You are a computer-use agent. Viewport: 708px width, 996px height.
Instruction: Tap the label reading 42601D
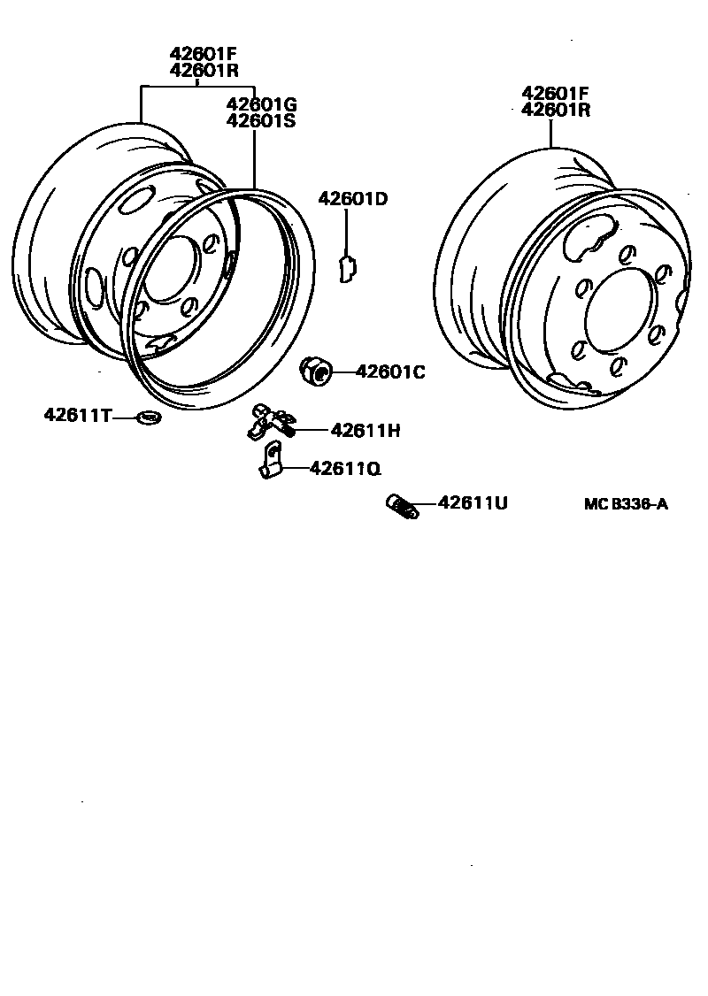coord(353,199)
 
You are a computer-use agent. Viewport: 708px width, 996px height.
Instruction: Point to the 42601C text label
coord(390,372)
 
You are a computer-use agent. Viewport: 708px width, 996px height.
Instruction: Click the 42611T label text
coord(77,415)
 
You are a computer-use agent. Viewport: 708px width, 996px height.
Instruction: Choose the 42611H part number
coord(366,431)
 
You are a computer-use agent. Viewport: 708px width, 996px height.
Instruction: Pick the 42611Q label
coord(345,469)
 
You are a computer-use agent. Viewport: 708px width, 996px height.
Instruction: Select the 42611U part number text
coord(473,503)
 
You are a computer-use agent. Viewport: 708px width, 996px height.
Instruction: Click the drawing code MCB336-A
coord(626,504)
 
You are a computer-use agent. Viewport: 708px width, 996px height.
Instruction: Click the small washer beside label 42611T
coord(148,416)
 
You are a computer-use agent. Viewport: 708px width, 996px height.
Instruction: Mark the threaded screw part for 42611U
coord(402,507)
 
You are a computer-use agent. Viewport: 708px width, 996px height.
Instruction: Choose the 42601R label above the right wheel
coord(556,110)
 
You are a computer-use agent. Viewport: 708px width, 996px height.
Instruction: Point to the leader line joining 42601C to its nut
coord(342,372)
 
